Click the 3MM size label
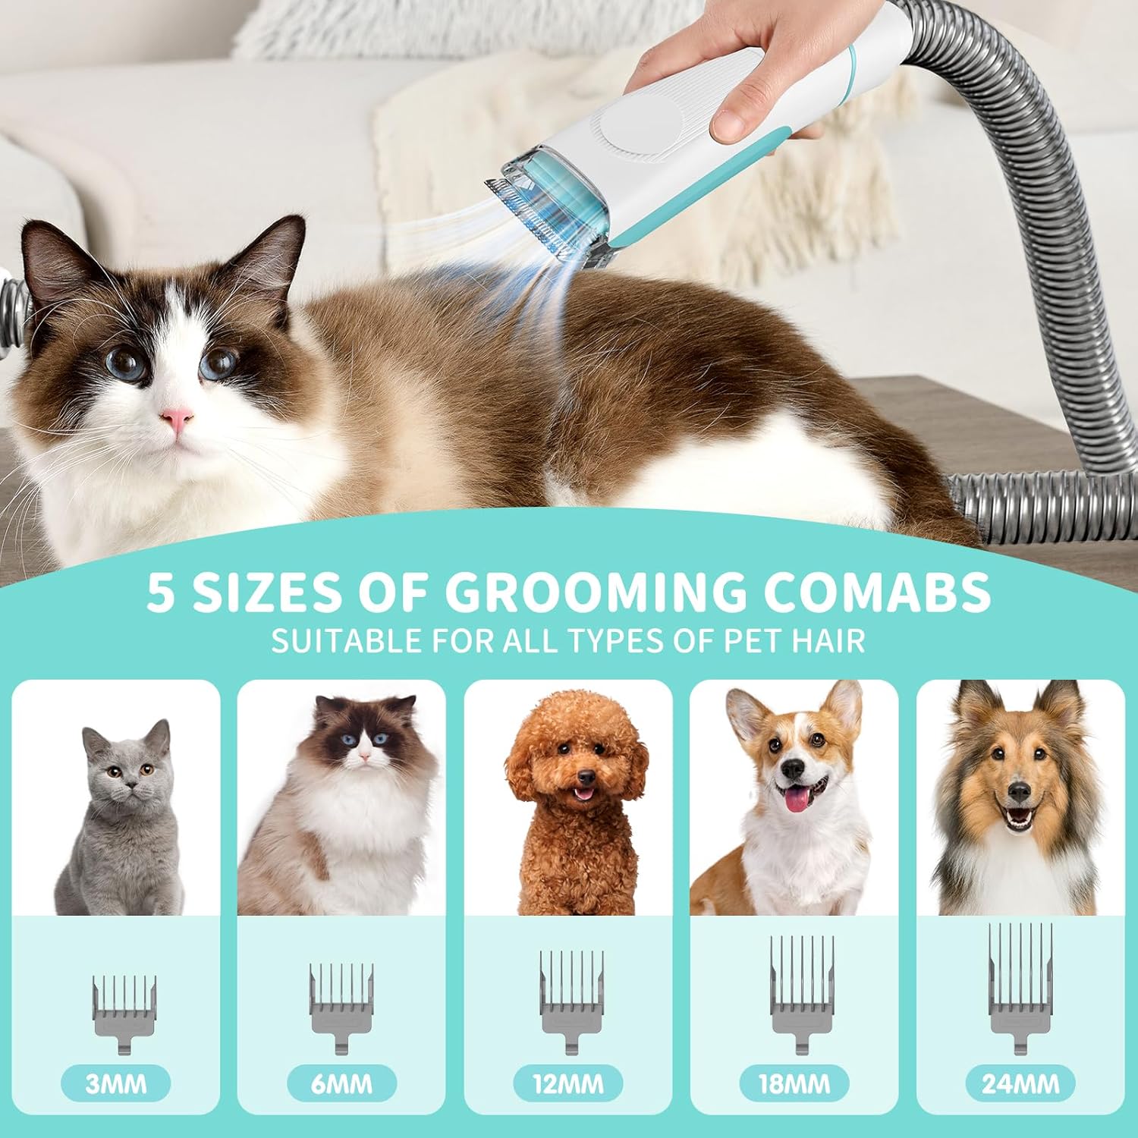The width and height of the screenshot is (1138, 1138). pyautogui.click(x=115, y=1083)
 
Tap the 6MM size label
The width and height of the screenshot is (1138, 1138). pyautogui.click(x=341, y=1083)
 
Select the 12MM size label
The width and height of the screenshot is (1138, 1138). pyautogui.click(x=568, y=1083)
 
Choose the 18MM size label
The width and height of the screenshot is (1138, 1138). pyautogui.click(x=794, y=1083)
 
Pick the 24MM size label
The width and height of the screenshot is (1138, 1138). pyautogui.click(x=1020, y=1083)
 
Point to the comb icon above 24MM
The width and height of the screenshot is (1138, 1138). pyautogui.click(x=1020, y=987)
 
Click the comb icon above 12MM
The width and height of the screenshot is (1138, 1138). pyautogui.click(x=571, y=1001)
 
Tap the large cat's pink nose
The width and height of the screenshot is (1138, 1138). pyautogui.click(x=176, y=418)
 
